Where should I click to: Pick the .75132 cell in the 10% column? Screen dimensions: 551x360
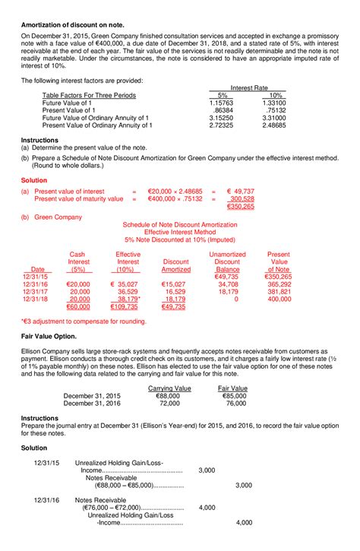(273, 110)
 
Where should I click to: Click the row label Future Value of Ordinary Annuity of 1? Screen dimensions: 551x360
(97, 119)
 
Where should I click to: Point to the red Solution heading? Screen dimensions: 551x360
(36, 180)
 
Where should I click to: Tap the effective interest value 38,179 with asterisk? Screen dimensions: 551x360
(128, 299)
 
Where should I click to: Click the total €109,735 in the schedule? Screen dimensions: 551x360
(125, 307)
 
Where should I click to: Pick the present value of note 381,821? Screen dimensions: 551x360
(279, 291)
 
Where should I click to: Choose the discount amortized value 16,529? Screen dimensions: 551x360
(175, 291)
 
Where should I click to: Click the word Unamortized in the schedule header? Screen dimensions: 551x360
(227, 254)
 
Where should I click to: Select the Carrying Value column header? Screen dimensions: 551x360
(169, 388)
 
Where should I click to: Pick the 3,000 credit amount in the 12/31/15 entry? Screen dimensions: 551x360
(243, 485)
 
